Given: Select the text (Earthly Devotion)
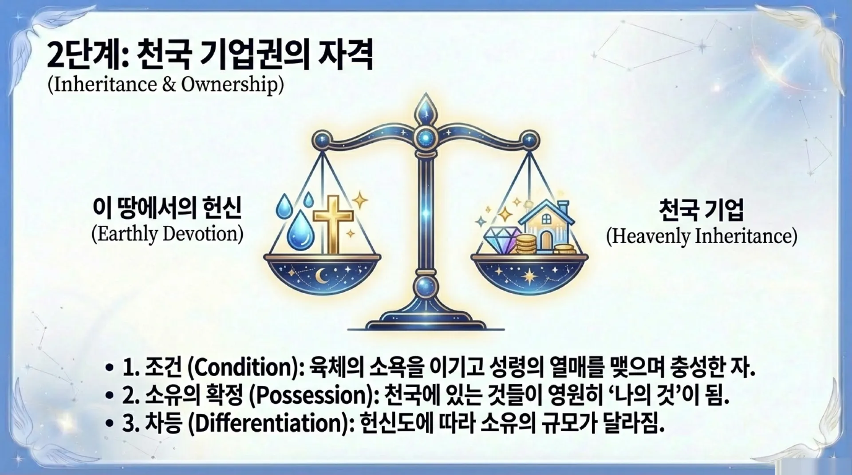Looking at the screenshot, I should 167,234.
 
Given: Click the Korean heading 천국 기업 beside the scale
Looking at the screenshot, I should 701,209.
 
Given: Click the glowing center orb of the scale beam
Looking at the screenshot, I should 426,137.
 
